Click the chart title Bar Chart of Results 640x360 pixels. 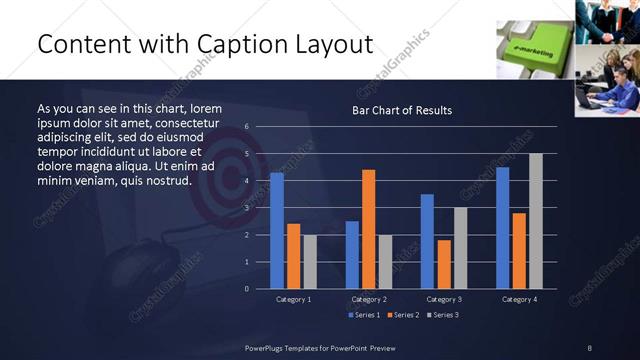tap(402, 110)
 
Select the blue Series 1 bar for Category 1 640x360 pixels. tap(277, 230)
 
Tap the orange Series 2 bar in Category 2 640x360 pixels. tap(369, 229)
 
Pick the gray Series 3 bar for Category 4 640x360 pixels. tap(536, 221)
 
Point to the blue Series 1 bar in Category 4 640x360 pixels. tap(502, 228)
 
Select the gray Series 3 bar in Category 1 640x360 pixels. tap(310, 261)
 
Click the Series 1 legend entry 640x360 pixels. tap(365, 316)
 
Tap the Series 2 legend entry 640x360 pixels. tap(403, 316)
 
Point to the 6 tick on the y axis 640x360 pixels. tap(246, 127)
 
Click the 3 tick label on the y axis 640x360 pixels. tap(246, 208)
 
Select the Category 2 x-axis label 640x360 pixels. tap(368, 299)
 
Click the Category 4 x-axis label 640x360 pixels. tap(518, 299)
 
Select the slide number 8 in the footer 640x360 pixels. tap(589, 347)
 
